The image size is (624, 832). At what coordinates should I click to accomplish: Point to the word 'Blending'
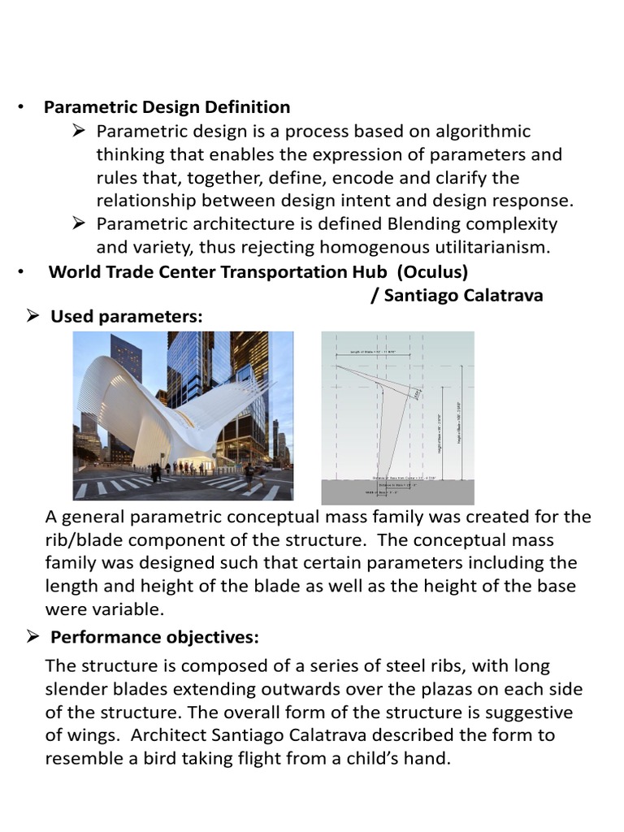point(406,223)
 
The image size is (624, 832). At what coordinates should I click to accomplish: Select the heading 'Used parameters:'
point(126,317)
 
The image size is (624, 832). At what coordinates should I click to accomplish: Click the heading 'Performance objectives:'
point(154,636)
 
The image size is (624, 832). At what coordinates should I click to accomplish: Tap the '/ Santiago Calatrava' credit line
point(457,295)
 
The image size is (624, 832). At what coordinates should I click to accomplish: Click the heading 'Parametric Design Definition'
point(167,107)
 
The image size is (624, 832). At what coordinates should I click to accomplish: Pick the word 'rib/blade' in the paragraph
point(85,540)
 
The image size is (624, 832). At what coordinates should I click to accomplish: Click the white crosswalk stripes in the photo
point(114,486)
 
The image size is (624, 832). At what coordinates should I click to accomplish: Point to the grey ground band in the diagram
point(398,492)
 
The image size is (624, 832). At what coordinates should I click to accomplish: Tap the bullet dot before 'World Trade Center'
point(22,272)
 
